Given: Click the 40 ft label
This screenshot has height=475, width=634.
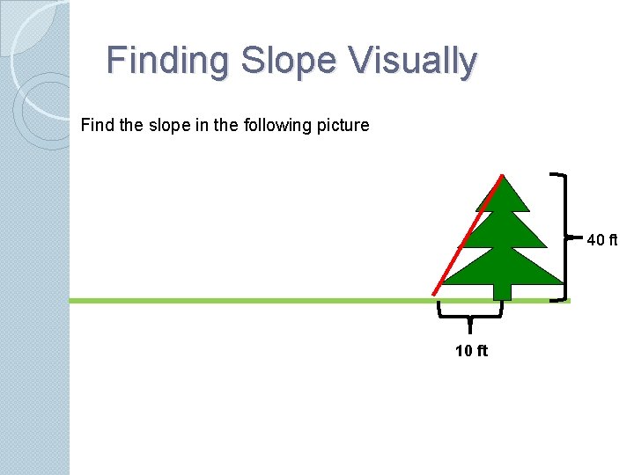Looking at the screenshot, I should (x=602, y=239).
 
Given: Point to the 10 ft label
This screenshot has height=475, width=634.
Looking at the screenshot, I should (x=472, y=352).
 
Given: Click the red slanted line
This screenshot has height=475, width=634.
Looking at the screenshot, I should (x=468, y=235).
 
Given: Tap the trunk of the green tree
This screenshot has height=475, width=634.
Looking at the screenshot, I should (x=502, y=291).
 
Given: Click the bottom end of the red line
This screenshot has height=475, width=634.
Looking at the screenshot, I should (x=433, y=294).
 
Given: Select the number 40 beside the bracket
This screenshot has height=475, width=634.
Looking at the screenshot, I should (x=595, y=239).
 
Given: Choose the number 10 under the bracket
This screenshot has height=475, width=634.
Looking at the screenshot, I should (x=464, y=352).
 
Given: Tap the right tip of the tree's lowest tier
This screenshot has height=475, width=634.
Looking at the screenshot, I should (x=562, y=283).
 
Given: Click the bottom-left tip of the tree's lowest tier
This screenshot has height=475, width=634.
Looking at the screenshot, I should (x=442, y=283).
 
